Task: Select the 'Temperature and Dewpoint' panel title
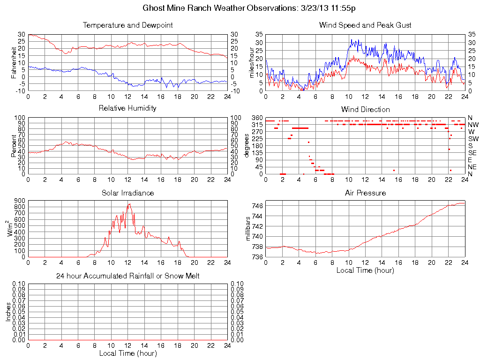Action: pyautogui.click(x=127, y=25)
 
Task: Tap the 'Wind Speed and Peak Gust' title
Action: pyautogui.click(x=365, y=25)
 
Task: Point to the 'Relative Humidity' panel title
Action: pyautogui.click(x=127, y=108)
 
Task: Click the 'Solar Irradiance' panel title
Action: pyautogui.click(x=127, y=193)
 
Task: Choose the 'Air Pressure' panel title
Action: pyautogui.click(x=365, y=193)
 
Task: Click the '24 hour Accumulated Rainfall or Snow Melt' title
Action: pyautogui.click(x=127, y=276)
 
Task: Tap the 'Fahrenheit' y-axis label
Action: pyautogui.click(x=14, y=62)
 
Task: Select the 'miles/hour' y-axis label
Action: pyautogui.click(x=251, y=62)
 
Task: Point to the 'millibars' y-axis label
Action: pyautogui.click(x=248, y=230)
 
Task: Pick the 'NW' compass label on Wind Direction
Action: pyautogui.click(x=473, y=125)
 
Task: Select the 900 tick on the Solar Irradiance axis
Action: pyautogui.click(x=19, y=201)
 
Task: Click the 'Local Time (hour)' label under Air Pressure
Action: pyautogui.click(x=365, y=270)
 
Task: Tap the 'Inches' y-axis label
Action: pyautogui.click(x=8, y=312)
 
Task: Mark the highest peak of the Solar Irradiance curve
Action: pyautogui.click(x=128, y=203)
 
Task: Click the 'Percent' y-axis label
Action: pyautogui.click(x=14, y=146)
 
